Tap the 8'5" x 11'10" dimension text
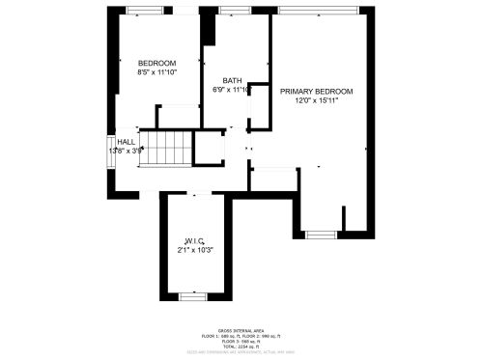(x=156, y=71)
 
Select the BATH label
(x=232, y=80)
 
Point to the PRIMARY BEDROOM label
(x=316, y=92)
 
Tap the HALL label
(x=127, y=141)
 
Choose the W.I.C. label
(x=193, y=240)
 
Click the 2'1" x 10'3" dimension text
(x=193, y=250)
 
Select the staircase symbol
(x=165, y=148)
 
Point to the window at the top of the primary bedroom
(x=316, y=10)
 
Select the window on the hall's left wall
(x=109, y=152)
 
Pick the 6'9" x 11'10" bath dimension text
(x=232, y=90)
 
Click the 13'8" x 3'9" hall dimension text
(x=127, y=151)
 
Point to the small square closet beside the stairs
(x=209, y=149)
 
